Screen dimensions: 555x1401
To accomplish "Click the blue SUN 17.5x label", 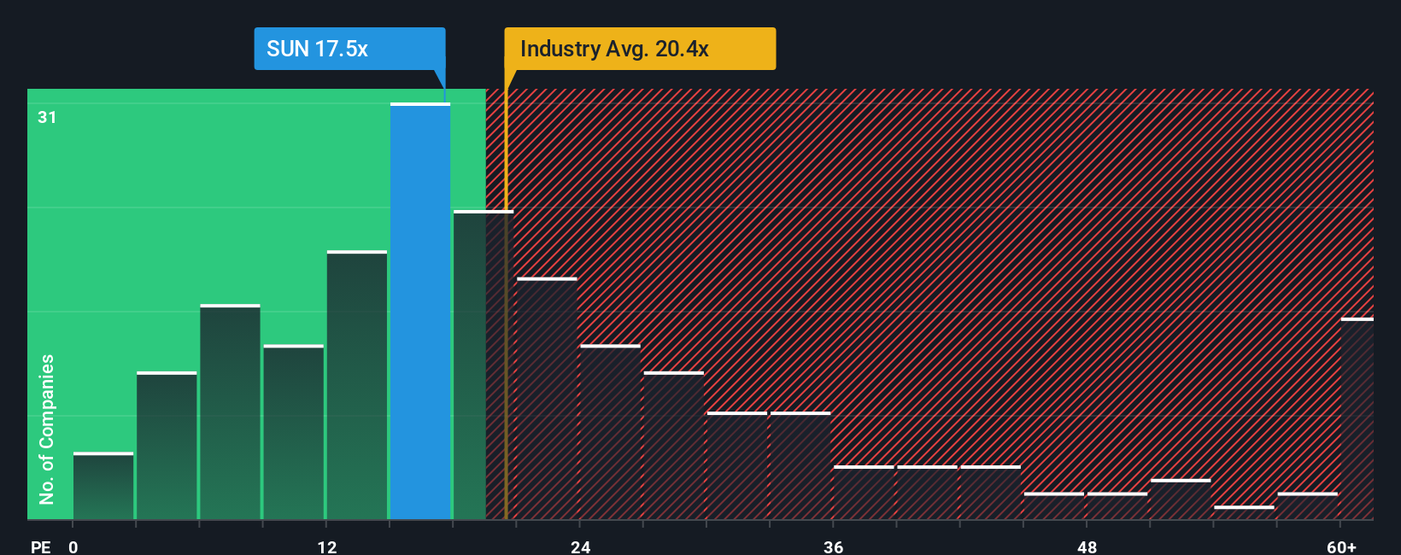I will (349, 49).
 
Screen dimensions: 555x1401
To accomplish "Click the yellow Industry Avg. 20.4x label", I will (640, 49).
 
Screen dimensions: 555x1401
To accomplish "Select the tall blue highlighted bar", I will (420, 312).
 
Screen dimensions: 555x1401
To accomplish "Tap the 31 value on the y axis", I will (47, 117).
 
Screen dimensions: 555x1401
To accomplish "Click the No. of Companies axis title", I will (47, 429).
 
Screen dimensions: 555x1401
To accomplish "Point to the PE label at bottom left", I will (41, 546).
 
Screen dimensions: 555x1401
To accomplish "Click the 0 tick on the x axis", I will (73, 546).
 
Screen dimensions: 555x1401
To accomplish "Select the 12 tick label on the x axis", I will (327, 546).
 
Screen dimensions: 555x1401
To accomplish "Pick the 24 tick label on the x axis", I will (581, 546).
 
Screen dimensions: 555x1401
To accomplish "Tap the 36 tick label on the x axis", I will (834, 546).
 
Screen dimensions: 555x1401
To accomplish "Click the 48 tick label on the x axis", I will (1087, 546).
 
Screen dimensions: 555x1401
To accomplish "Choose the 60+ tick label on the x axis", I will (1341, 546).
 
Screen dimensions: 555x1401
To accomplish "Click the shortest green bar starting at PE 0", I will (103, 487).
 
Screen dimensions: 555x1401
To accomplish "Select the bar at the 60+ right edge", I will (1357, 418).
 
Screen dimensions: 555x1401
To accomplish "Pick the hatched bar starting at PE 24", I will (610, 432).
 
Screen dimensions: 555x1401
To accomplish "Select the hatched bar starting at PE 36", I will (864, 493).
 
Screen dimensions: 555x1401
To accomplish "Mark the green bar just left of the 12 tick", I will (293, 432).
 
